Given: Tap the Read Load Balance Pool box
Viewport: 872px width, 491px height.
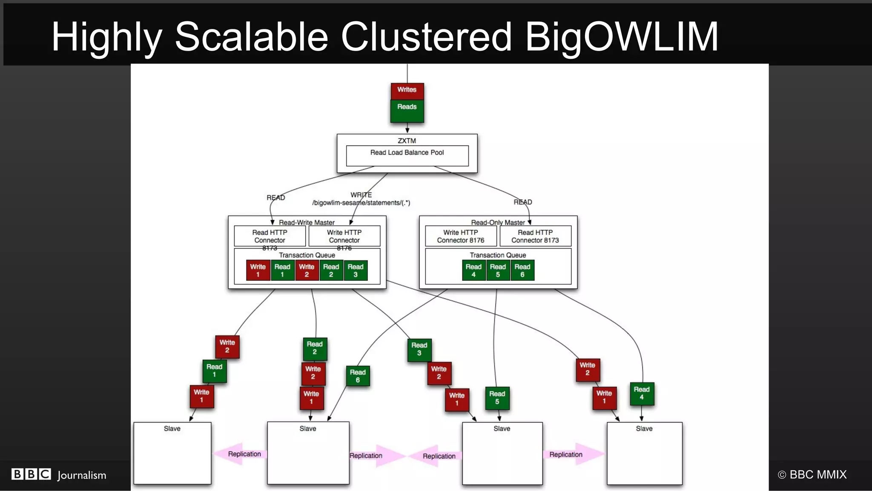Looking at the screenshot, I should point(407,156).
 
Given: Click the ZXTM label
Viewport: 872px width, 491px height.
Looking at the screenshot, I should point(407,140).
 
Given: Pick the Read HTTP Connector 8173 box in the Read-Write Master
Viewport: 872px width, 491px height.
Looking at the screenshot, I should point(270,236).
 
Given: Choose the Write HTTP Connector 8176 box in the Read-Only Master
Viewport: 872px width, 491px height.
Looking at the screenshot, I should point(461,236).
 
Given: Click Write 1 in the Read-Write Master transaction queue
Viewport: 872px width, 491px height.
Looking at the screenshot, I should point(258,270).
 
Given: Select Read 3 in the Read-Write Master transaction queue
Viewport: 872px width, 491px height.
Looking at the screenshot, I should point(356,270).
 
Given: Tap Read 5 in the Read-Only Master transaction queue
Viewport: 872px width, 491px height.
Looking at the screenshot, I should point(498,270).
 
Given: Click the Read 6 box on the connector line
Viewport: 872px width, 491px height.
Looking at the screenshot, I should point(358,376).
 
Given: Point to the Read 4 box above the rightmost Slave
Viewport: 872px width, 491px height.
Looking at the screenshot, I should point(642,393).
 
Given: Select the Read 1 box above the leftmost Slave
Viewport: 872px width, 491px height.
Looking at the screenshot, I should point(214,371).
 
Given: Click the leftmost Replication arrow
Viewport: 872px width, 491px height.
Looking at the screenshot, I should point(241,454).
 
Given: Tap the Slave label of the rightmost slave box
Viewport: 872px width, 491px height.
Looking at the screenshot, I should point(644,428).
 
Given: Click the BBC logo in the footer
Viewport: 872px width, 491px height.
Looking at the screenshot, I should point(31,474).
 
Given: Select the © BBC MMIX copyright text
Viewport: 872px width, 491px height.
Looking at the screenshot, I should point(812,474).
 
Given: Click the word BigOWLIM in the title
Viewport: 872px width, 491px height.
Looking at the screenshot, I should point(622,37).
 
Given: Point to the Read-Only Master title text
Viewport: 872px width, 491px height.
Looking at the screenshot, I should point(498,222).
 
